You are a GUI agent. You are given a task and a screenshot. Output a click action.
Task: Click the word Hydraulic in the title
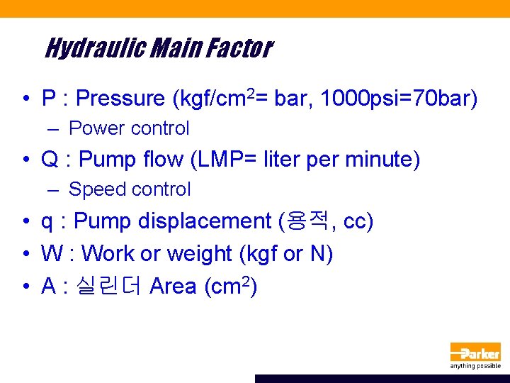coord(88,48)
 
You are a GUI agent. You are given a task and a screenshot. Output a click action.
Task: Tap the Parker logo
coord(475,352)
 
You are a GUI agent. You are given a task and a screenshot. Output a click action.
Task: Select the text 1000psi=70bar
coord(398,99)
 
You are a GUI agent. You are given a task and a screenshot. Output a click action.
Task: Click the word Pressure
coord(121,99)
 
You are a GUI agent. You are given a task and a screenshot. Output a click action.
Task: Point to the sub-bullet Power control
coord(129,128)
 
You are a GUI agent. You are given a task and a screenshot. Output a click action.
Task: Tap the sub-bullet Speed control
coord(130,189)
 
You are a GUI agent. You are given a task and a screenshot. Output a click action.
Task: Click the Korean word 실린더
coord(117,286)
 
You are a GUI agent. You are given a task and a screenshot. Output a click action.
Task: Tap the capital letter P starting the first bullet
coord(49,99)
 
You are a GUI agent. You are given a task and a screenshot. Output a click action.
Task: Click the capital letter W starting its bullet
coord(52,254)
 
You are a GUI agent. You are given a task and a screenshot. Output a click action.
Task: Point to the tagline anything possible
coord(475,366)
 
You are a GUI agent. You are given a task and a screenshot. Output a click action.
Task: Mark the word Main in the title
coord(167,48)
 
